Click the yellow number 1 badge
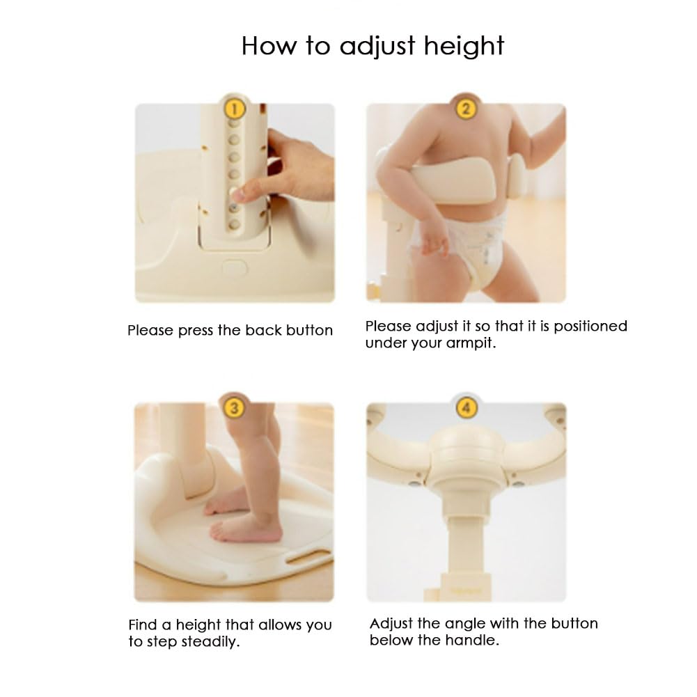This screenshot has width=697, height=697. pyautogui.click(x=234, y=109)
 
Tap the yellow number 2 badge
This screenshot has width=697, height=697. pyautogui.click(x=466, y=109)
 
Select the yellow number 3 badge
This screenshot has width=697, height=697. pyautogui.click(x=234, y=407)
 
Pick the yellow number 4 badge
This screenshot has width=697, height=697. pyautogui.click(x=467, y=407)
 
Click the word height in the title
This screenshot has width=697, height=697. pyautogui.click(x=464, y=47)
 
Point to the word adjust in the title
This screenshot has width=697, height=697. pyautogui.click(x=377, y=47)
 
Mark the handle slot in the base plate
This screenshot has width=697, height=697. pyautogui.click(x=309, y=556)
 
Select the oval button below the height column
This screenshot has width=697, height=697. pyautogui.click(x=234, y=267)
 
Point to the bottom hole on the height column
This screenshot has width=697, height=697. pyautogui.click(x=234, y=224)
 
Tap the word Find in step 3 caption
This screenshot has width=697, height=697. pyautogui.click(x=143, y=625)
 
